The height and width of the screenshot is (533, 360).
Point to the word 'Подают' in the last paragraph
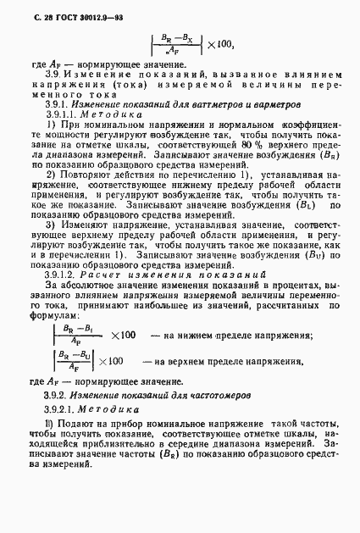(x=78, y=424)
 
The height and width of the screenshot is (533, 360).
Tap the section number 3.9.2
(x=55, y=394)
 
